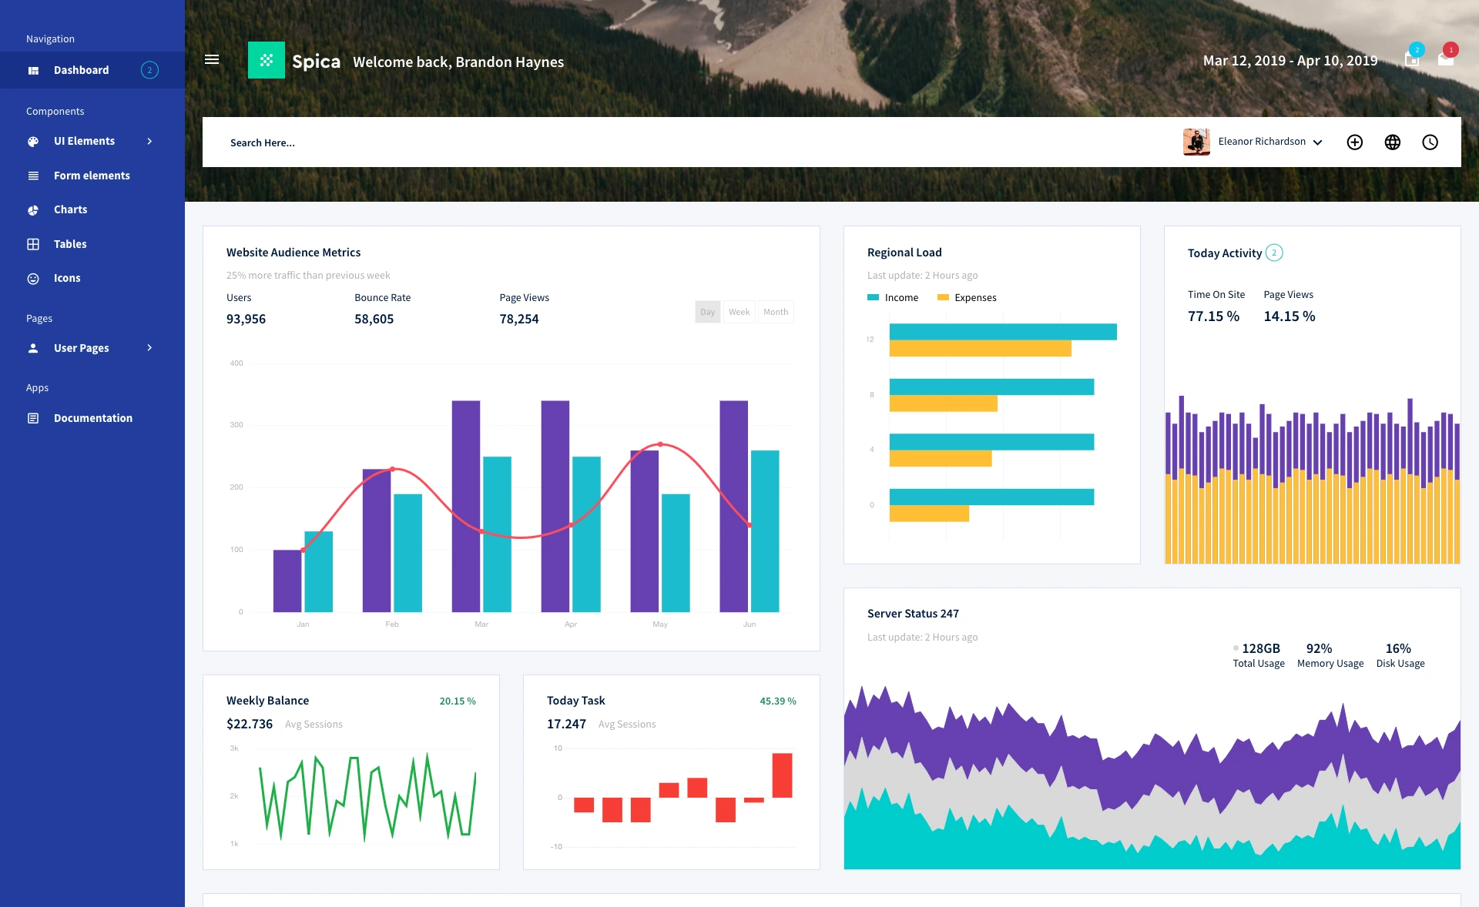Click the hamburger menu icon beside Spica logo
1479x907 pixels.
(212, 59)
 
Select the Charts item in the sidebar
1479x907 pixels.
(70, 209)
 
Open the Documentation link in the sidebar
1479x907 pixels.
(92, 418)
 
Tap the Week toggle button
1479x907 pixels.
(739, 312)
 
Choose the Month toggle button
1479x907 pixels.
(776, 312)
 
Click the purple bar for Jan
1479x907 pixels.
(287, 581)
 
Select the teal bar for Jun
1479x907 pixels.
(765, 531)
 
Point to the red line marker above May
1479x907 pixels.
(660, 444)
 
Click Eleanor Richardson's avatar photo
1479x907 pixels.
(1196, 142)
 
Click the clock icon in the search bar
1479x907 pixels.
(1430, 142)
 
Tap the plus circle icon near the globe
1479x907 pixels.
(1354, 142)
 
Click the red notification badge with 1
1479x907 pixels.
(1450, 50)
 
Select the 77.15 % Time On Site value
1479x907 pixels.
(1213, 316)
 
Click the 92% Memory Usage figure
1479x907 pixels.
(1319, 648)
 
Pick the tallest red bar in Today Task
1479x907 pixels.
(782, 775)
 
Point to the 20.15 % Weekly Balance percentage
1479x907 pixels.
(458, 701)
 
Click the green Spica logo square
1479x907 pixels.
(267, 60)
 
